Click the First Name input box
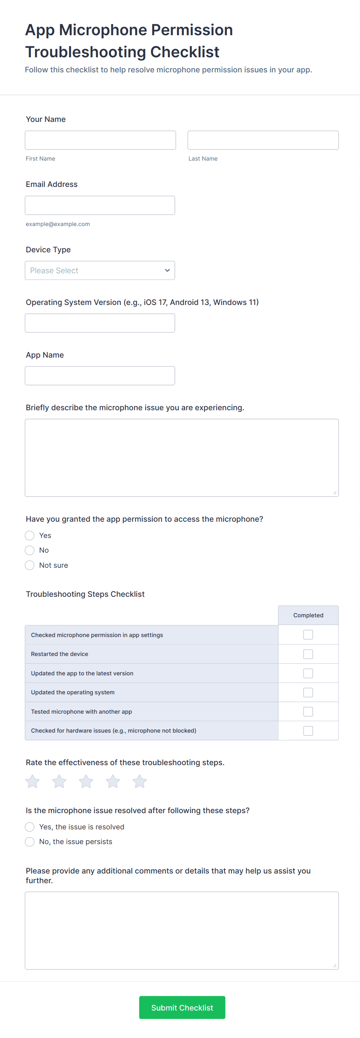pos(100,140)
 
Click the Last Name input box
pos(262,140)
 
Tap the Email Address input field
pos(99,205)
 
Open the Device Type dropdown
pos(99,271)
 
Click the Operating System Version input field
pos(99,323)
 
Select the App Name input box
pos(99,375)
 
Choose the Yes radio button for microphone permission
pos(30,535)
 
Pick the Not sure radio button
pos(30,565)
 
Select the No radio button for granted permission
pos(30,550)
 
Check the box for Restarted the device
pos(308,654)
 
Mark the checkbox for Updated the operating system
pos(308,692)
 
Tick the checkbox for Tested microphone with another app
pos(308,711)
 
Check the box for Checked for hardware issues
pos(308,730)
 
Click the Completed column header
pos(308,615)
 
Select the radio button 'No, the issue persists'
pos(30,841)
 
